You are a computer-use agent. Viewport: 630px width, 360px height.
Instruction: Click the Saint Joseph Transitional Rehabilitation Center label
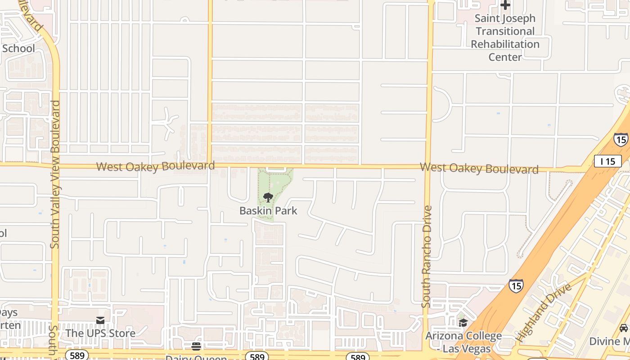tap(505, 38)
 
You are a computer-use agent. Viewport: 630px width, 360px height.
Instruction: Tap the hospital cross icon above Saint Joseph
tap(505, 5)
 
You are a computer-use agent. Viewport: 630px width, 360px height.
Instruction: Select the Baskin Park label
tap(268, 211)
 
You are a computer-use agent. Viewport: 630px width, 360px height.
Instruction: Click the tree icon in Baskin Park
tap(268, 197)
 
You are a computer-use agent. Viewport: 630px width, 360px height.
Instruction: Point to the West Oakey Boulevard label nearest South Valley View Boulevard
tap(155, 166)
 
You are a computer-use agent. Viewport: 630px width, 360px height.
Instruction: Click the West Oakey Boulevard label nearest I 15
tap(479, 168)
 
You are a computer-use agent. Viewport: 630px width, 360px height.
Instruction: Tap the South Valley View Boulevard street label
tap(55, 174)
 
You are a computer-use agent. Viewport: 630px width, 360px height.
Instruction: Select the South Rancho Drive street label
tap(426, 256)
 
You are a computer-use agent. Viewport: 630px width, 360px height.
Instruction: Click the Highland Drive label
tap(543, 312)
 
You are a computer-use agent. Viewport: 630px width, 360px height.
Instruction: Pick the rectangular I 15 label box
tap(607, 161)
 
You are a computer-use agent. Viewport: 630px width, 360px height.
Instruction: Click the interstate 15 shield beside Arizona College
tap(516, 285)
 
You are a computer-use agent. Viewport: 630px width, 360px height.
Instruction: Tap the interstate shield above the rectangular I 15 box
tap(621, 139)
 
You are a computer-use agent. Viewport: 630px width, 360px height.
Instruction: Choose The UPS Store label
tap(100, 333)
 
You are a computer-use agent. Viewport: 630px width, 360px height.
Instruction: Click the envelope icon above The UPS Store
tap(100, 320)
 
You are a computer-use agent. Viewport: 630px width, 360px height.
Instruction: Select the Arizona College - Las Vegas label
tap(463, 342)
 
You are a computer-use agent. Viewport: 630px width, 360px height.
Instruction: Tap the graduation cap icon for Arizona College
tap(463, 323)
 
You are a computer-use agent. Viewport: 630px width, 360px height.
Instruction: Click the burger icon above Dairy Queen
tap(196, 346)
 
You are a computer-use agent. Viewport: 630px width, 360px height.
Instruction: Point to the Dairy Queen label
tap(196, 358)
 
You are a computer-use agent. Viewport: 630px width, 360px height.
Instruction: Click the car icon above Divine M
tap(624, 328)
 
